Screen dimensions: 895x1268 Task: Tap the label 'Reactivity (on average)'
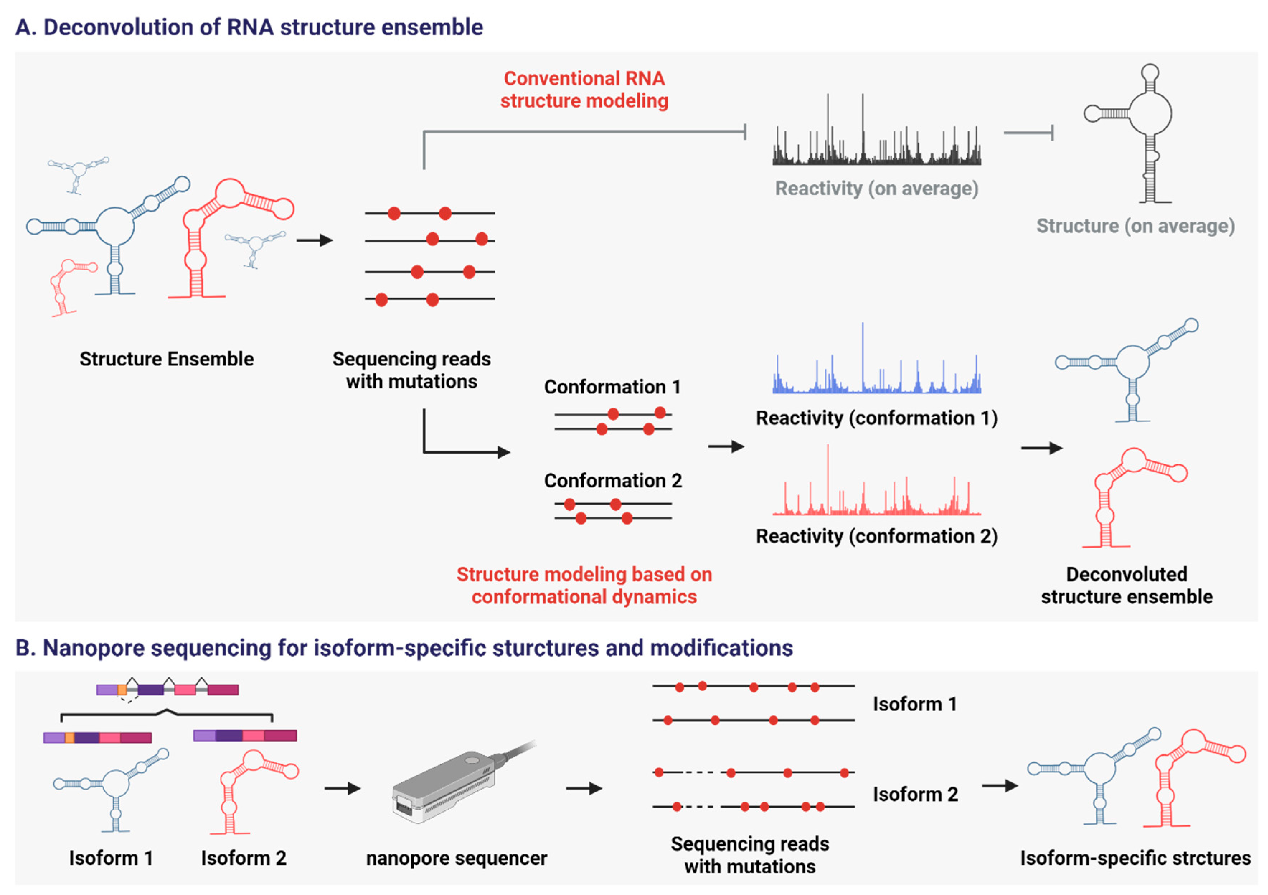tap(876, 188)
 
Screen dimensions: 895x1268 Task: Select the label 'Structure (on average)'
tap(1135, 226)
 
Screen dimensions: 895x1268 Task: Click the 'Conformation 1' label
tap(612, 387)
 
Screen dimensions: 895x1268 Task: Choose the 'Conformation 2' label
tap(612, 480)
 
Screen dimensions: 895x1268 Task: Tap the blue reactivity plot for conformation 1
tap(876, 370)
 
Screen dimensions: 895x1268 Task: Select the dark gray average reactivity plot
tap(876, 138)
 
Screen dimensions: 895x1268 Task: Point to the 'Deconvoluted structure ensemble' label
tap(1127, 585)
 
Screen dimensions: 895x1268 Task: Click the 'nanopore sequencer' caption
tap(456, 858)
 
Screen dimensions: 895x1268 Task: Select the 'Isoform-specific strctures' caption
tap(1135, 858)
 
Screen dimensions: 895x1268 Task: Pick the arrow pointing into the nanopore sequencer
tap(343, 789)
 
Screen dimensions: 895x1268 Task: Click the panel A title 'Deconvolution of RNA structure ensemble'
tap(249, 27)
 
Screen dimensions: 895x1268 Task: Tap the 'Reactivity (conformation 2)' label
tap(876, 536)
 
